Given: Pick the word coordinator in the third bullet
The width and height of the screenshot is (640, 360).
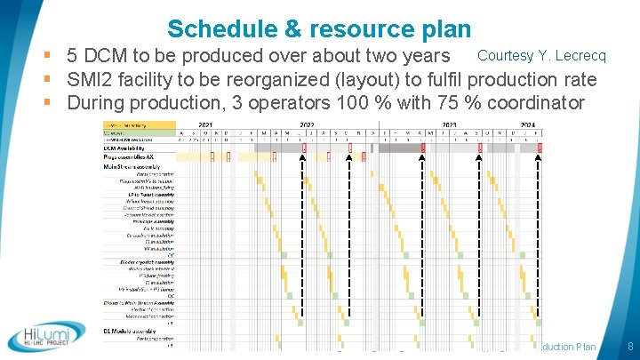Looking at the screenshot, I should coord(533,103).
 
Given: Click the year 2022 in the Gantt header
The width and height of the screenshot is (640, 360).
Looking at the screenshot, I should coord(308,123).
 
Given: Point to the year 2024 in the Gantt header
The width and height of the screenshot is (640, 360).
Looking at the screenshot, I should coord(526,123).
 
